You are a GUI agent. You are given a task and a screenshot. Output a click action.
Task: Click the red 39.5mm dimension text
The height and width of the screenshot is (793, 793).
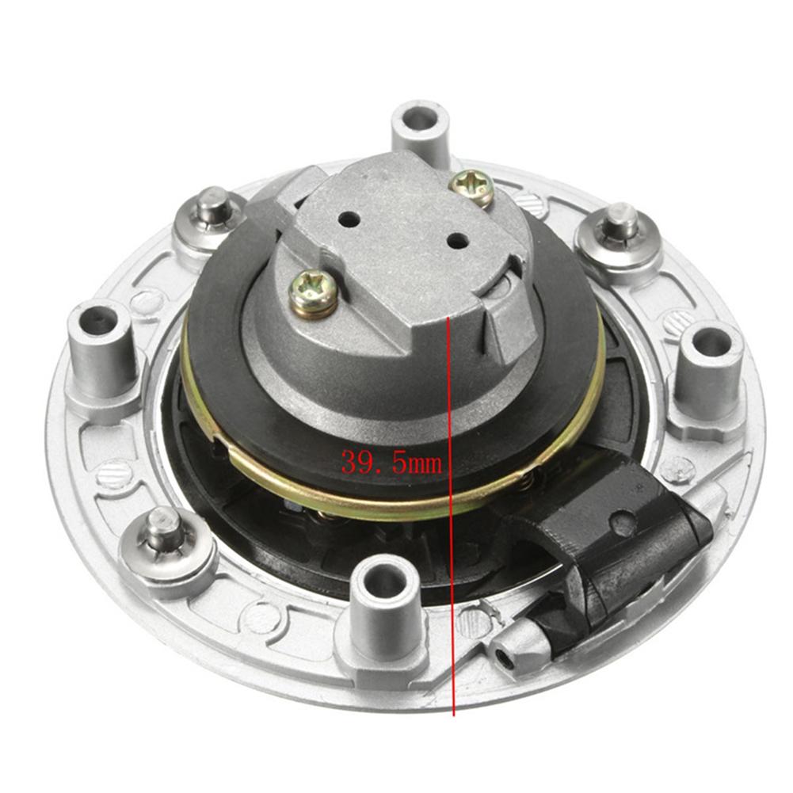point(391,461)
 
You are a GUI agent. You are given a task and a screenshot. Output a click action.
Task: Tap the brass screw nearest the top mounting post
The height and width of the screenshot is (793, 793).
point(471,187)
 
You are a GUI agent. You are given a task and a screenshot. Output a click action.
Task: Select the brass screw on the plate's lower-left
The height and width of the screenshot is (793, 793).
point(313,291)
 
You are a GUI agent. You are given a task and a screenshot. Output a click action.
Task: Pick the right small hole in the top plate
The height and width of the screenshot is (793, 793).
point(455,239)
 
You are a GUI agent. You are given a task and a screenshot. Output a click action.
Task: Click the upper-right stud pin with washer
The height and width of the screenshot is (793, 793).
point(620,224)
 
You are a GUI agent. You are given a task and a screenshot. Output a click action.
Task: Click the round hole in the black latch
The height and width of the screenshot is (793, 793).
point(623,523)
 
